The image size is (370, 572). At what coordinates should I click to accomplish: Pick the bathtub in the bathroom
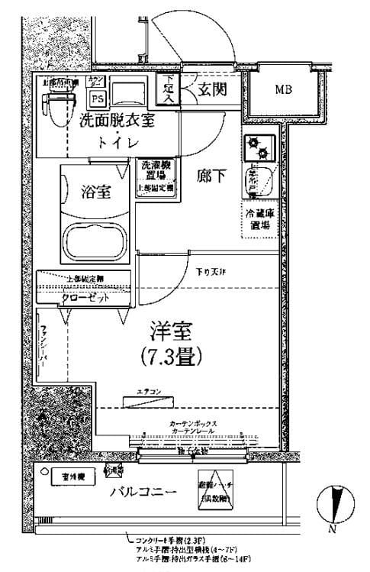(x=95, y=243)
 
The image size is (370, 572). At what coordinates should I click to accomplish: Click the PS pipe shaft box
(x=97, y=98)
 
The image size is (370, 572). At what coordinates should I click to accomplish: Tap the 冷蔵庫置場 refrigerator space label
(x=259, y=220)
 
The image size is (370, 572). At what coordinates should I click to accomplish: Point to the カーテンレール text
(x=192, y=431)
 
